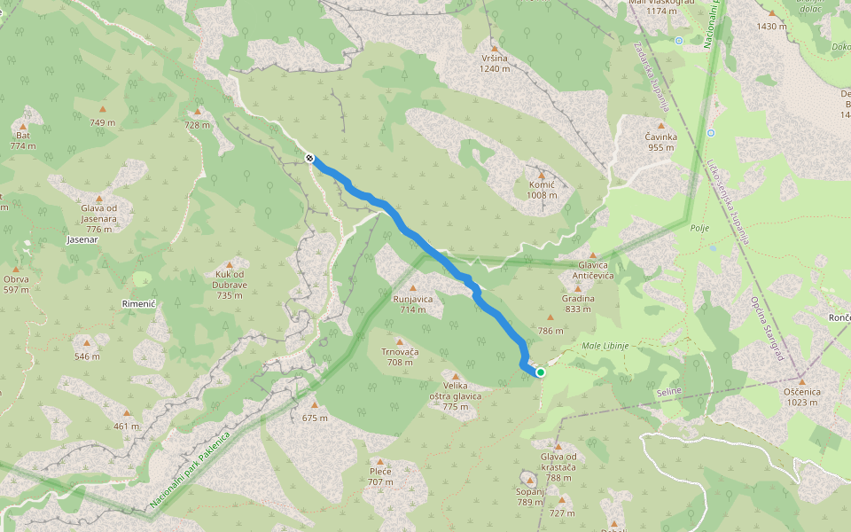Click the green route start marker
(x=540, y=372)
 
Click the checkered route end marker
(x=309, y=158)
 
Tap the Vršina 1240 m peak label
(x=495, y=63)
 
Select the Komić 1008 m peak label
(x=541, y=189)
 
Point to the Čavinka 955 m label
(x=660, y=142)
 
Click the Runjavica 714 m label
(x=413, y=304)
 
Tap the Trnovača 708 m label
(x=400, y=356)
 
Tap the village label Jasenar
(x=82, y=239)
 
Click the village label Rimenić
(x=138, y=303)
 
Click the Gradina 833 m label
(x=578, y=303)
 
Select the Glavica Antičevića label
(x=593, y=270)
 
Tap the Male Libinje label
(x=605, y=345)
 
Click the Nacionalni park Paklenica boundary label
(x=191, y=470)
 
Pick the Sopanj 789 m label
(x=529, y=497)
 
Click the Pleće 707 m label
(x=380, y=476)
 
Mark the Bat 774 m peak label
(x=23, y=140)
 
